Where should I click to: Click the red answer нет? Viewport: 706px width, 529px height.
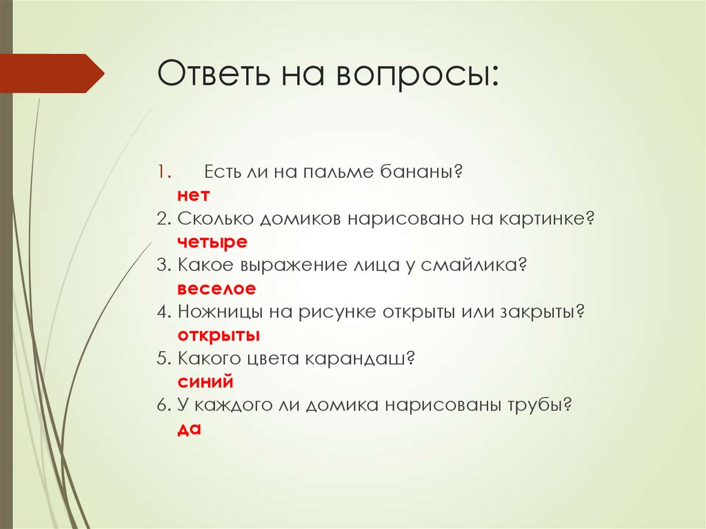(193, 196)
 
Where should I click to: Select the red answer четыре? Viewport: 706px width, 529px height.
(212, 242)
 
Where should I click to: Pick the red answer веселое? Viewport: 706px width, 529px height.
(216, 288)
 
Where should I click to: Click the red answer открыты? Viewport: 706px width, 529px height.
(218, 335)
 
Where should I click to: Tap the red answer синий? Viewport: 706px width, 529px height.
(205, 381)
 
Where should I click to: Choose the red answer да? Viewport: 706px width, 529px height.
(188, 428)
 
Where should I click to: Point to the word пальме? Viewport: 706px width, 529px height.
(336, 172)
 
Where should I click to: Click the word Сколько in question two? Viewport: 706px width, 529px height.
(215, 219)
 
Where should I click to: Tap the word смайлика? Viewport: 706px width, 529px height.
(476, 266)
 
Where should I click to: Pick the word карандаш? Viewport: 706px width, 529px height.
(365, 359)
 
